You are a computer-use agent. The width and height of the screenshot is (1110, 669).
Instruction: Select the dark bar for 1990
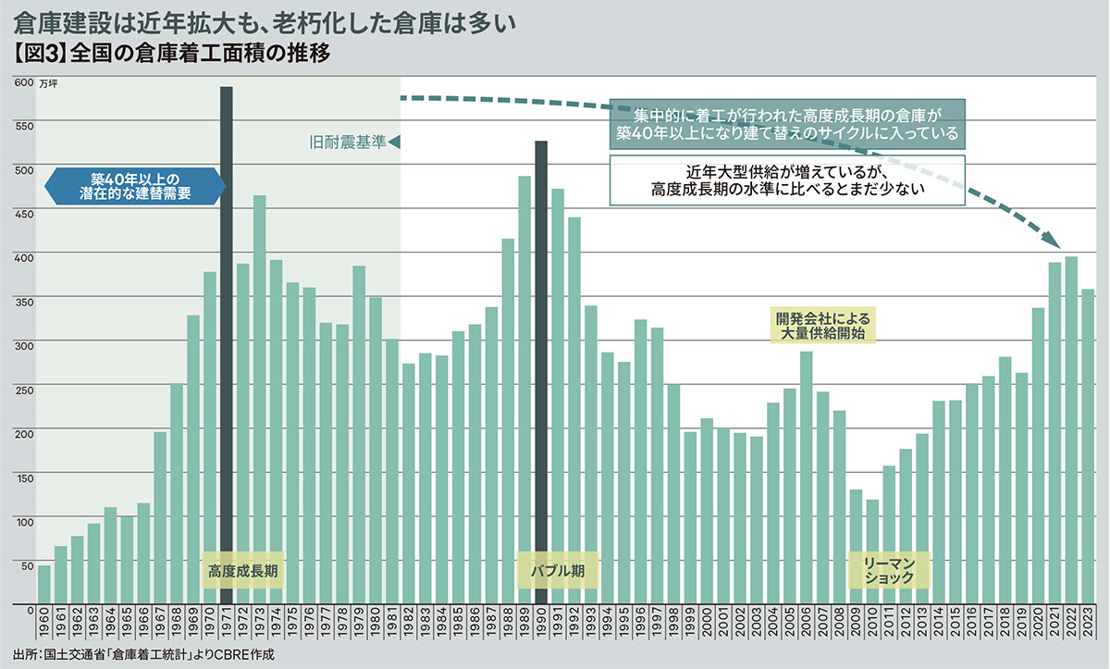pos(542,370)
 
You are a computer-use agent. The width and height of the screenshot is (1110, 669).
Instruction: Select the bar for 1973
pos(260,398)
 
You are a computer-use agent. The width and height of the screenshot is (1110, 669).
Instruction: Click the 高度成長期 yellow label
pos(243,571)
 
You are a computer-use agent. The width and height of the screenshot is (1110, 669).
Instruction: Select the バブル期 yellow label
pos(558,571)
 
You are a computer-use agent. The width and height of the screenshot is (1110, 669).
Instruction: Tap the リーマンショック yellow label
pos(888,571)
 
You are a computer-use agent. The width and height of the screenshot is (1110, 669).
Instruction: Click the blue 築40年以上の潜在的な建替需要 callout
pos(134,187)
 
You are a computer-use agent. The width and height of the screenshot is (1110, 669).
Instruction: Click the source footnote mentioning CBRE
pos(143,654)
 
